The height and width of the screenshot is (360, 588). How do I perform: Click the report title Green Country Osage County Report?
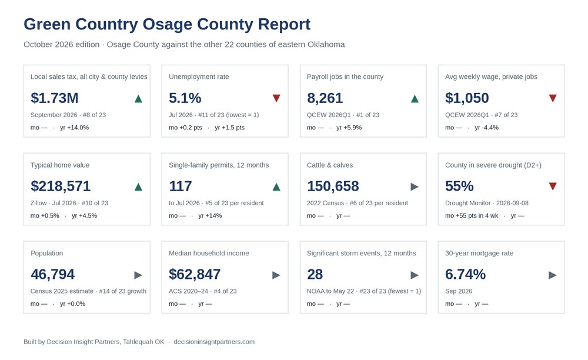click(167, 24)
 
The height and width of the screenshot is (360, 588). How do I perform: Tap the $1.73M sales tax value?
click(54, 98)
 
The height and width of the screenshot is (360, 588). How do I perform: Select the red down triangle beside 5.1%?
click(276, 98)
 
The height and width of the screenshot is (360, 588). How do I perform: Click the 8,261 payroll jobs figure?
click(325, 98)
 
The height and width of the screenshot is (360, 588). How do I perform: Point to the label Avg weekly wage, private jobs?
click(491, 77)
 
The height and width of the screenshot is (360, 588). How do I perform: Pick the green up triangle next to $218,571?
click(138, 186)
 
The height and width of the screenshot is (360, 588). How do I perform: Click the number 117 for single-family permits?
click(181, 186)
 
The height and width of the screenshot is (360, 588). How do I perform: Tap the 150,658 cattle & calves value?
click(333, 186)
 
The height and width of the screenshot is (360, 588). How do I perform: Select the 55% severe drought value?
click(459, 186)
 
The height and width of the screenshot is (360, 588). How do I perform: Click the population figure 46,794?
click(52, 275)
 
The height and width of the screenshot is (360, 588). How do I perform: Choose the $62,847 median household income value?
click(195, 275)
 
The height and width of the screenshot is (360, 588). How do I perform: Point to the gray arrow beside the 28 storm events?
click(415, 275)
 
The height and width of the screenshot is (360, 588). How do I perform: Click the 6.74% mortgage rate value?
click(465, 275)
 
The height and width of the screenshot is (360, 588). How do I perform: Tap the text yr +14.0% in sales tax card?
click(74, 128)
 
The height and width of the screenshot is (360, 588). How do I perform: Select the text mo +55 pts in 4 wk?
click(472, 216)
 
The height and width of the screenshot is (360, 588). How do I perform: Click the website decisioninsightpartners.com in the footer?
click(214, 342)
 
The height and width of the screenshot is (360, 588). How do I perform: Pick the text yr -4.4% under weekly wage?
click(486, 128)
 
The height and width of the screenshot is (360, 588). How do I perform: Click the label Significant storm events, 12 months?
click(362, 254)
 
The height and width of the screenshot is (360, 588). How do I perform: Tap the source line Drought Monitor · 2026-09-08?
click(487, 204)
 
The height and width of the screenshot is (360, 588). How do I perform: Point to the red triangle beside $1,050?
click(553, 98)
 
